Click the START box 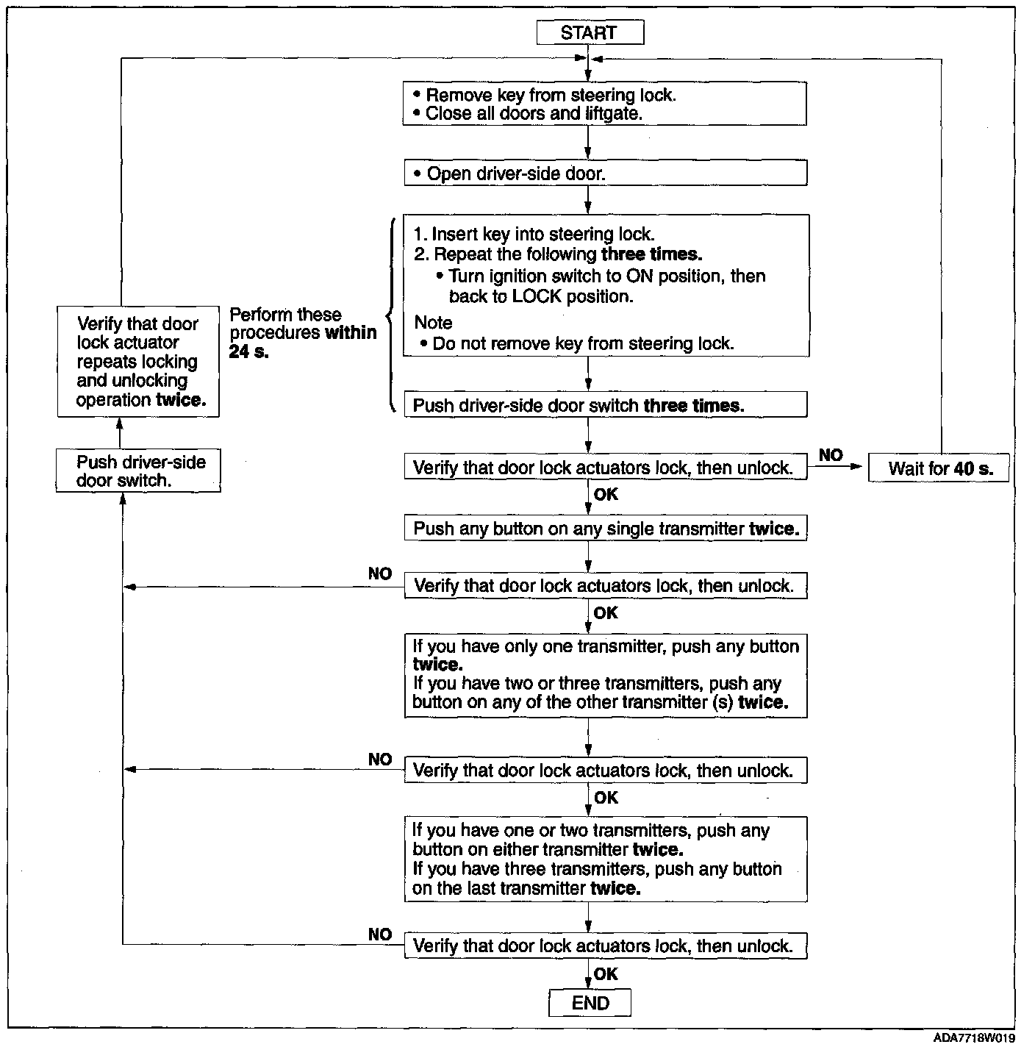point(590,33)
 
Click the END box point(590,1003)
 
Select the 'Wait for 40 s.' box point(939,468)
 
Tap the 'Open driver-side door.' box point(605,174)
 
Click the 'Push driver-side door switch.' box point(139,471)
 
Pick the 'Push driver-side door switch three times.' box point(605,405)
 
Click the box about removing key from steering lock point(605,104)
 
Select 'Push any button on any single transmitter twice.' point(605,529)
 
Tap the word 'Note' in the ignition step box point(433,322)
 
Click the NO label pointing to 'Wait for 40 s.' point(831,455)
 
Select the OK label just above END point(606,974)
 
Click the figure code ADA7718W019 point(974,1037)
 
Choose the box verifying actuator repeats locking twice point(139,362)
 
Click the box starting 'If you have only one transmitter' point(605,675)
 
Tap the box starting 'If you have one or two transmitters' point(605,859)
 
